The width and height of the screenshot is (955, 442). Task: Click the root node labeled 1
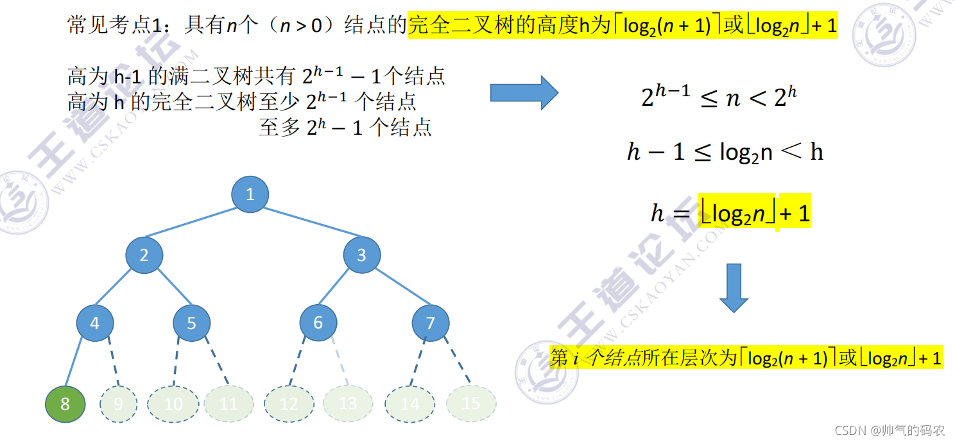point(250,194)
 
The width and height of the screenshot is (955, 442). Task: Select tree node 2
point(144,255)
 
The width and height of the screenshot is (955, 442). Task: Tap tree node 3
point(361,255)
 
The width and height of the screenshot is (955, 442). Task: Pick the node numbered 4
point(94,323)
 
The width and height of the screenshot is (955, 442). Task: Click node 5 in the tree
point(191,323)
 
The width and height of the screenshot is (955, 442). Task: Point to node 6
point(318,322)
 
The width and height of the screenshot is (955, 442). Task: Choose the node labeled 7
point(430,323)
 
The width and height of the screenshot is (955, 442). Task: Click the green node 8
point(65,404)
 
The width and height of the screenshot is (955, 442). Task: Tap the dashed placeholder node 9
point(119,404)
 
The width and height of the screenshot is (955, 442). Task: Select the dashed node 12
point(289,404)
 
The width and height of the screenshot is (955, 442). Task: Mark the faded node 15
point(471,404)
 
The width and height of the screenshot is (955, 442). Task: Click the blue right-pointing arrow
point(524,93)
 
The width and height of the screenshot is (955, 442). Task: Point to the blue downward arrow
point(734,287)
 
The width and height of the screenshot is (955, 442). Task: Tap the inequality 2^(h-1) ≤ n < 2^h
point(719,97)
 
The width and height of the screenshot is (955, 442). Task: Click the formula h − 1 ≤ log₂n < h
point(725,152)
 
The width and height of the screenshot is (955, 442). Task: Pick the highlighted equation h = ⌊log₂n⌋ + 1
point(730,213)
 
